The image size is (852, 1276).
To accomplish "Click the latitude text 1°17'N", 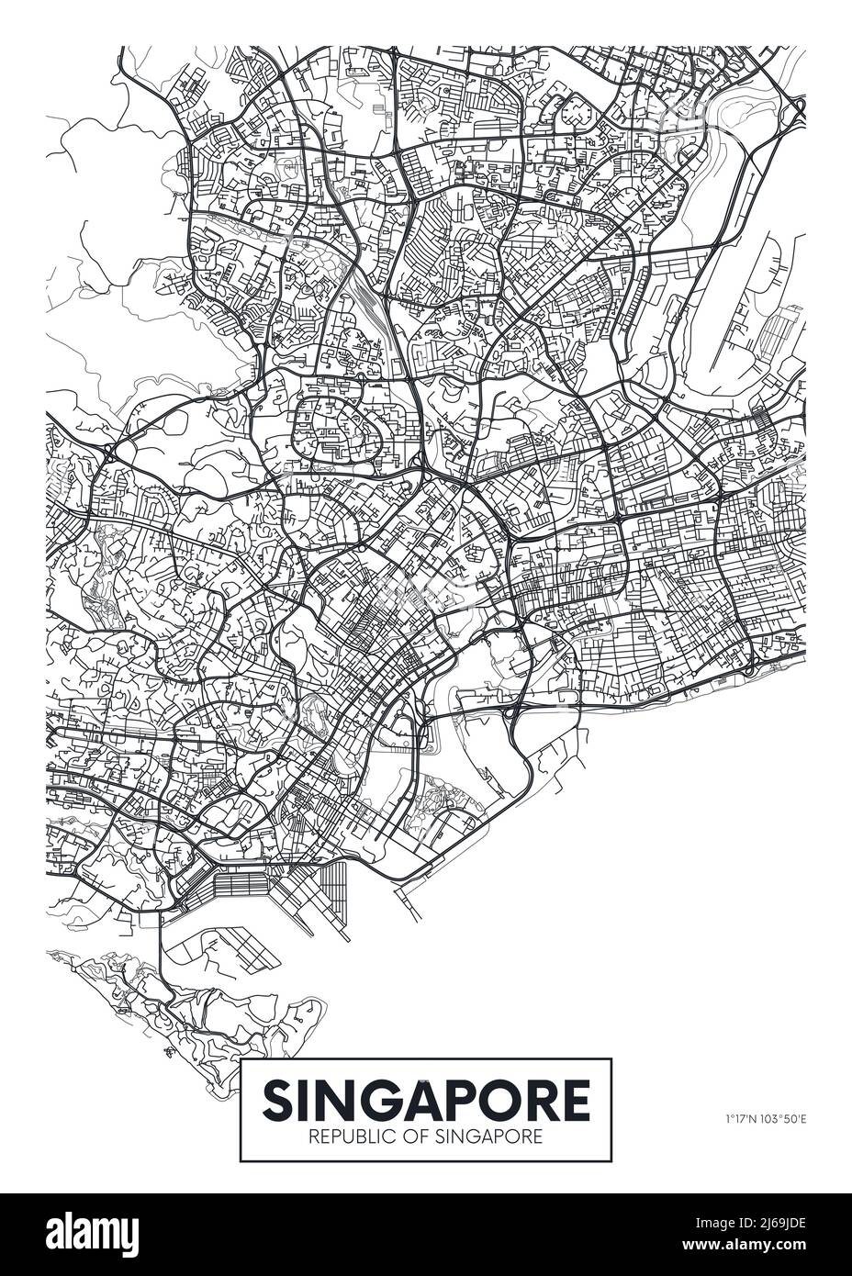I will point(737,1118).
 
